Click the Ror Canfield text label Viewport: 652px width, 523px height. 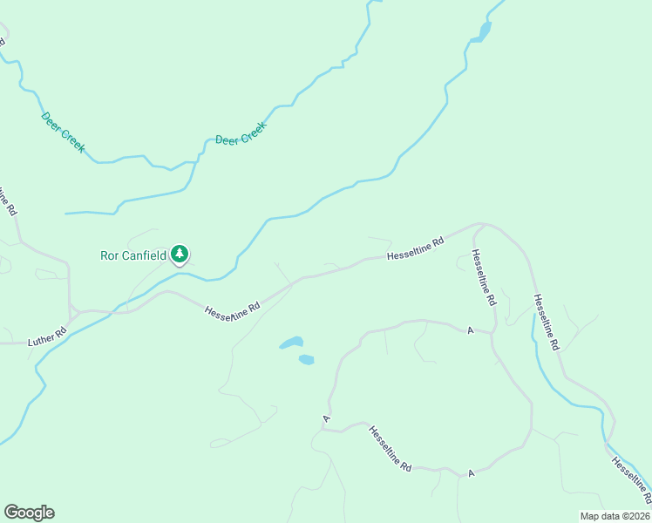pyautogui.click(x=133, y=255)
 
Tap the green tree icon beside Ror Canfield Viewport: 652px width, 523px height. pyautogui.click(x=180, y=255)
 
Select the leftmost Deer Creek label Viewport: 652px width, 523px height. pyautogui.click(x=63, y=132)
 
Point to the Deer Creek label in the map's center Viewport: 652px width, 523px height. pyautogui.click(x=241, y=133)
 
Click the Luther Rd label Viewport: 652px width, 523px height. pyautogui.click(x=47, y=335)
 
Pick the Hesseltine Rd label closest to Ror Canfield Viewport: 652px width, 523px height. pyautogui.click(x=233, y=311)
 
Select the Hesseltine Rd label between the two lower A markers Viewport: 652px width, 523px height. pyautogui.click(x=390, y=448)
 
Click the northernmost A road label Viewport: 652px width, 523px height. pyautogui.click(x=469, y=330)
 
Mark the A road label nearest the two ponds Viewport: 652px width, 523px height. pyautogui.click(x=326, y=419)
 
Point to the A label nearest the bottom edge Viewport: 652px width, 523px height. pyautogui.click(x=470, y=472)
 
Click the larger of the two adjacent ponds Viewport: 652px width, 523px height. pyautogui.click(x=291, y=343)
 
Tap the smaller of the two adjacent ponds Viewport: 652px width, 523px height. pyautogui.click(x=306, y=359)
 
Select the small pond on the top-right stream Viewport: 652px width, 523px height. pyautogui.click(x=482, y=33)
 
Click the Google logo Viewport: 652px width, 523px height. pyautogui.click(x=29, y=513)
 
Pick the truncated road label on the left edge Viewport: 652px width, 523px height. pyautogui.click(x=7, y=200)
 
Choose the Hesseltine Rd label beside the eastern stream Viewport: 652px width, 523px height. pyautogui.click(x=547, y=322)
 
